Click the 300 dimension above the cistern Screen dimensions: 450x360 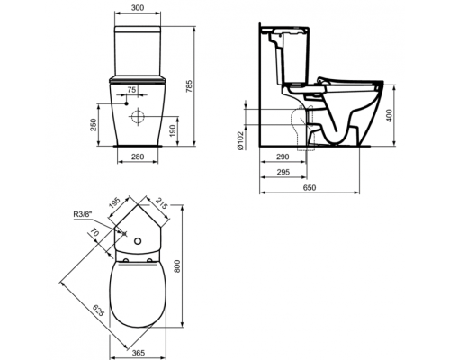point(138,8)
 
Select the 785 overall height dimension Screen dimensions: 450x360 point(191,86)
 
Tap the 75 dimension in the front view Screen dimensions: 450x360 point(131,89)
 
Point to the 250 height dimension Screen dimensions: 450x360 point(93,125)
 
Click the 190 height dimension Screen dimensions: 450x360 point(173,130)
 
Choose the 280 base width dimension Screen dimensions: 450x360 point(138,157)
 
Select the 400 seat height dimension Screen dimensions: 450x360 point(389,115)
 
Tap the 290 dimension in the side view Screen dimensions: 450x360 point(283,157)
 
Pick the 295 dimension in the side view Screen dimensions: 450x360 point(283,172)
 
